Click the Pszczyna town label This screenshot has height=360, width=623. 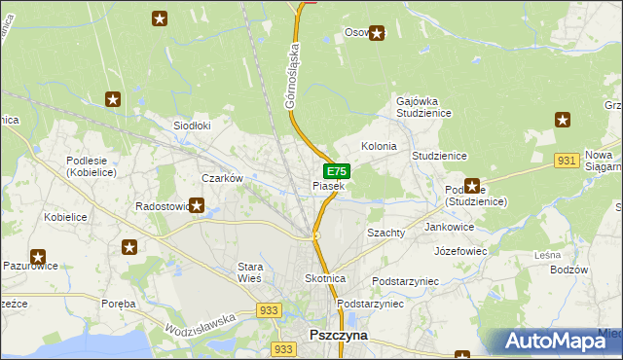click(338, 334)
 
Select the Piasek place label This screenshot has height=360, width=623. click(328, 186)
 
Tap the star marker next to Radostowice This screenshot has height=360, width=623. click(197, 205)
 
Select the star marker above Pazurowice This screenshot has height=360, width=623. click(38, 258)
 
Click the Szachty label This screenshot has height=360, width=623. click(385, 234)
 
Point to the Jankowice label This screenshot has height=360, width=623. click(449, 226)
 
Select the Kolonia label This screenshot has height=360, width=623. click(379, 146)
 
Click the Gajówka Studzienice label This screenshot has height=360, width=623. click(421, 106)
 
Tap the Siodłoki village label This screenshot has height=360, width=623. click(192, 126)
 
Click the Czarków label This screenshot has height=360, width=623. click(221, 178)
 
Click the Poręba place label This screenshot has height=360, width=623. click(119, 304)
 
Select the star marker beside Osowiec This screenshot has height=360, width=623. click(377, 33)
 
